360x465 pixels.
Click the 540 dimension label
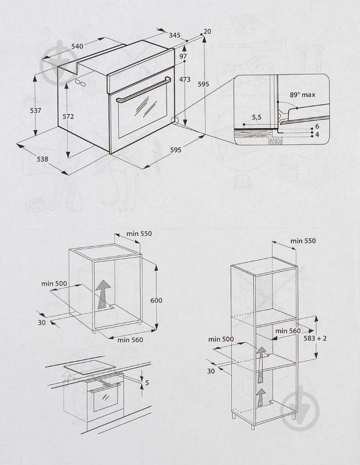tap(78, 45)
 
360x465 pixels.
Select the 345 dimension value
tap(174, 36)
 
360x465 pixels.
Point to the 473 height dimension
tap(185, 80)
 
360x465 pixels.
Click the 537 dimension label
tap(35, 111)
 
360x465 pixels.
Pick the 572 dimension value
tap(68, 116)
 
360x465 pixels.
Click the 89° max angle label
tap(302, 94)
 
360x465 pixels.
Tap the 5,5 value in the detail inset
tap(256, 118)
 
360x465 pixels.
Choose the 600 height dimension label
tap(156, 300)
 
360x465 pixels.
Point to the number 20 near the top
tap(207, 31)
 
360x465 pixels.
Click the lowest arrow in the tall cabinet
tap(261, 398)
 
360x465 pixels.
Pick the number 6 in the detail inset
tap(317, 126)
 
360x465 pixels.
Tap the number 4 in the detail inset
tap(317, 134)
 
